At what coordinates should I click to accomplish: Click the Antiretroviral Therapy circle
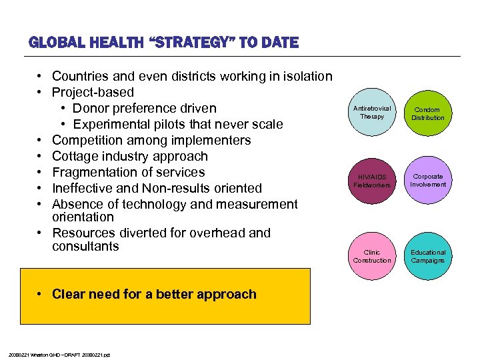(x=372, y=113)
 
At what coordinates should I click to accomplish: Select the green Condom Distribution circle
(x=427, y=113)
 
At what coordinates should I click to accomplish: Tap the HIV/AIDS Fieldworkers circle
(x=372, y=181)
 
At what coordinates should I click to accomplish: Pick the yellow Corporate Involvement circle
(x=427, y=181)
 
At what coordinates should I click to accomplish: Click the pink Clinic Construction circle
(x=372, y=256)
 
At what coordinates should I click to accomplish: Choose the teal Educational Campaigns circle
(x=427, y=256)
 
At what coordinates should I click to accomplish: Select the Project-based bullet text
(x=93, y=93)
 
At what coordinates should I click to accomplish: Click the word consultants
(x=85, y=247)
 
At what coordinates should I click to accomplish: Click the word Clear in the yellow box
(x=69, y=295)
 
